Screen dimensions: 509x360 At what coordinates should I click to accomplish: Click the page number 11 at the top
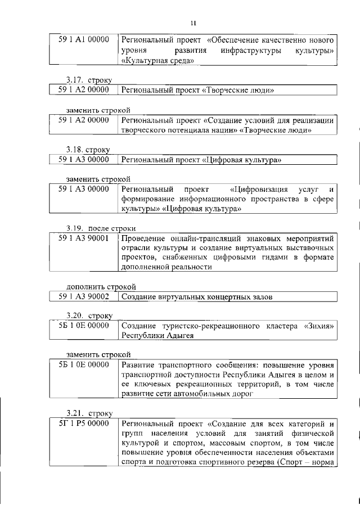pos(192,23)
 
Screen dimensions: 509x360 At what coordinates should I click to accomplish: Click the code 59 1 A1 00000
pos(83,40)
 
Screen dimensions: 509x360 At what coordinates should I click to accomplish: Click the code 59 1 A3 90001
pos(83,238)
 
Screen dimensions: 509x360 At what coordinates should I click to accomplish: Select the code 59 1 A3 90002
pos(83,296)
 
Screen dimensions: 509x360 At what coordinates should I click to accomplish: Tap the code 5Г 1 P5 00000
pos(83,422)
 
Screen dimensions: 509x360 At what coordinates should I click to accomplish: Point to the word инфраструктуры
pos(250,51)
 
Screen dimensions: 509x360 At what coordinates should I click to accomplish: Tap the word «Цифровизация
pos(259,188)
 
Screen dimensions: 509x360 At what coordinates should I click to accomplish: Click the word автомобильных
pos(213,394)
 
